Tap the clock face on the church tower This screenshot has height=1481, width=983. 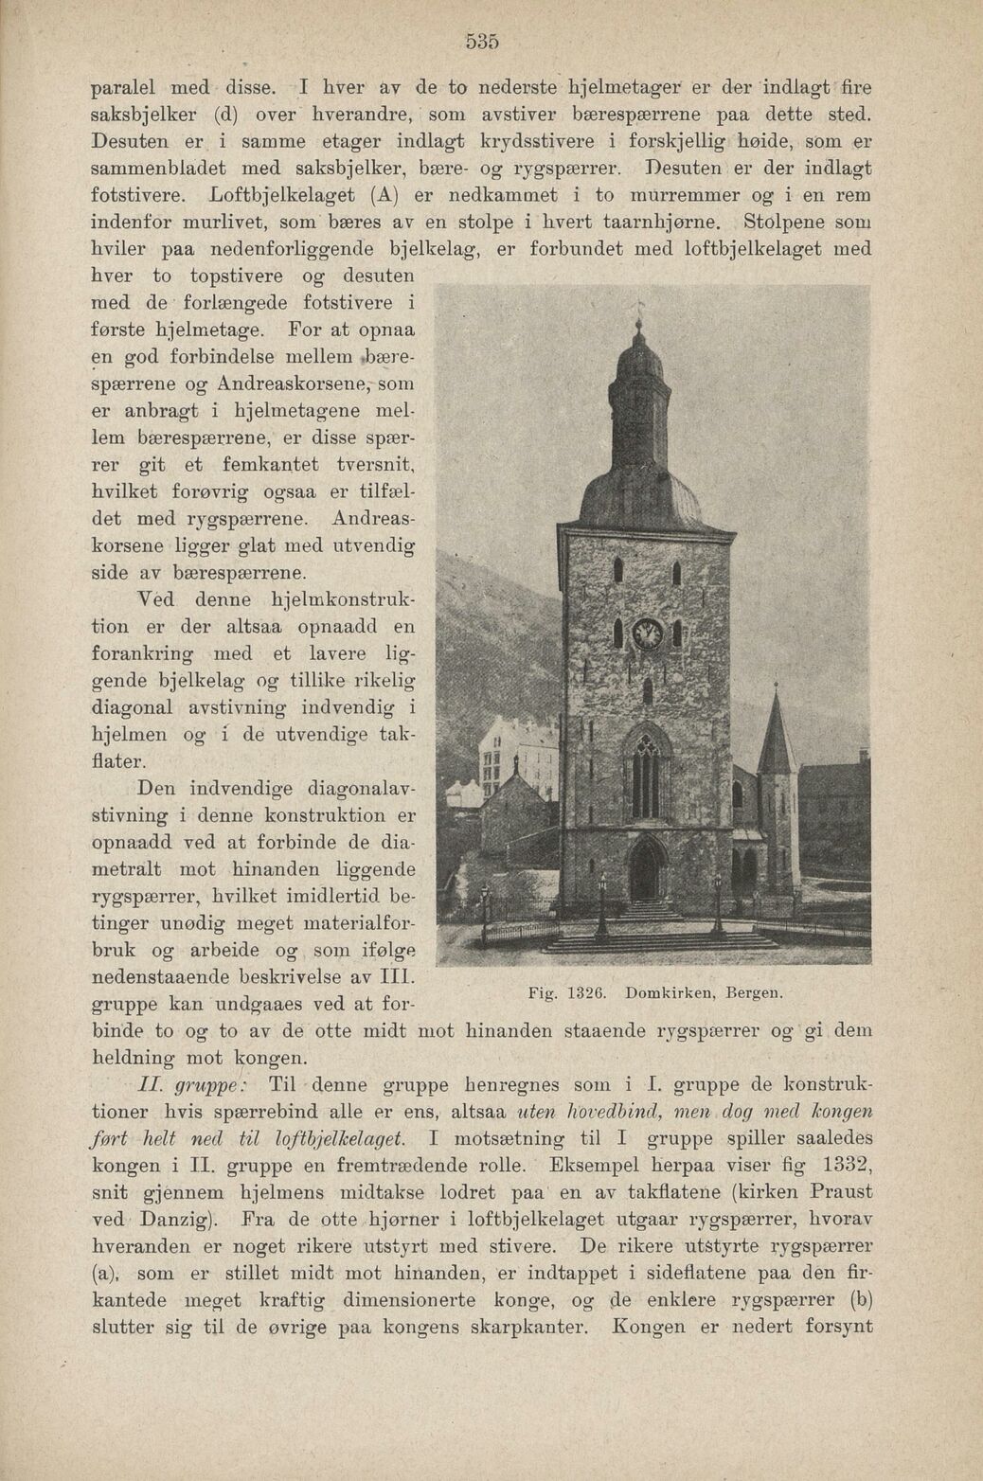point(646,632)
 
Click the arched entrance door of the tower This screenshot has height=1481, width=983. point(648,872)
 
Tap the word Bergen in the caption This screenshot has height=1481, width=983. point(754,993)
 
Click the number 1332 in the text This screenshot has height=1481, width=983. point(841,1165)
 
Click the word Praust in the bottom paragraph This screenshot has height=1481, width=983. point(841,1191)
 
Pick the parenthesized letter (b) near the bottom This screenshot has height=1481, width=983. point(860,1299)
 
